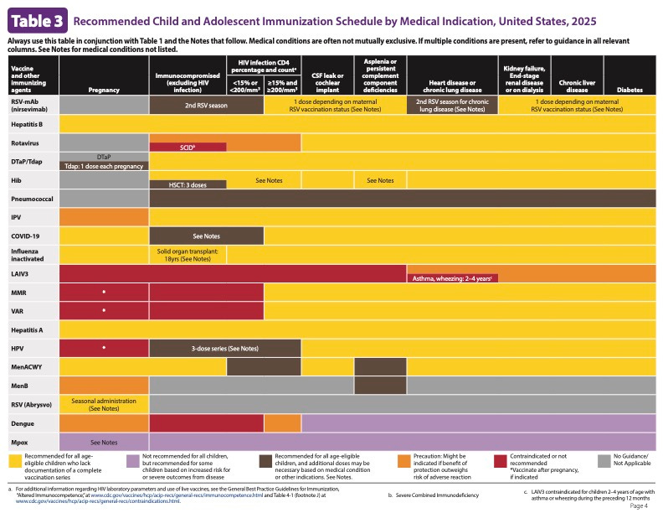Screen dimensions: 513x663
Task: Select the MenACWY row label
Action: point(27,366)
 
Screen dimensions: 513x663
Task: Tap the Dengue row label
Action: point(23,422)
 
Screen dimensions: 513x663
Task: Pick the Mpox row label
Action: point(21,441)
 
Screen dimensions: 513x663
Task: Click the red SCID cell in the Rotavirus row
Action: point(188,148)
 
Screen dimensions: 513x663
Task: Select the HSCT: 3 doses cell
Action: point(188,184)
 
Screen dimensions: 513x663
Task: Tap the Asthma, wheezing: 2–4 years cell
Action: point(450,277)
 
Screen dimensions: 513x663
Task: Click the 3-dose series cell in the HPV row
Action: point(225,348)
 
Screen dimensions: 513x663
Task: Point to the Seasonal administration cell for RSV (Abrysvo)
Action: point(104,403)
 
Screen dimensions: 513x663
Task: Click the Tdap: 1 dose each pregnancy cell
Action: point(104,166)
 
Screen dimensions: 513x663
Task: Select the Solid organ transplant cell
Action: point(188,255)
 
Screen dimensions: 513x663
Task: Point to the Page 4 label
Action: point(639,505)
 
